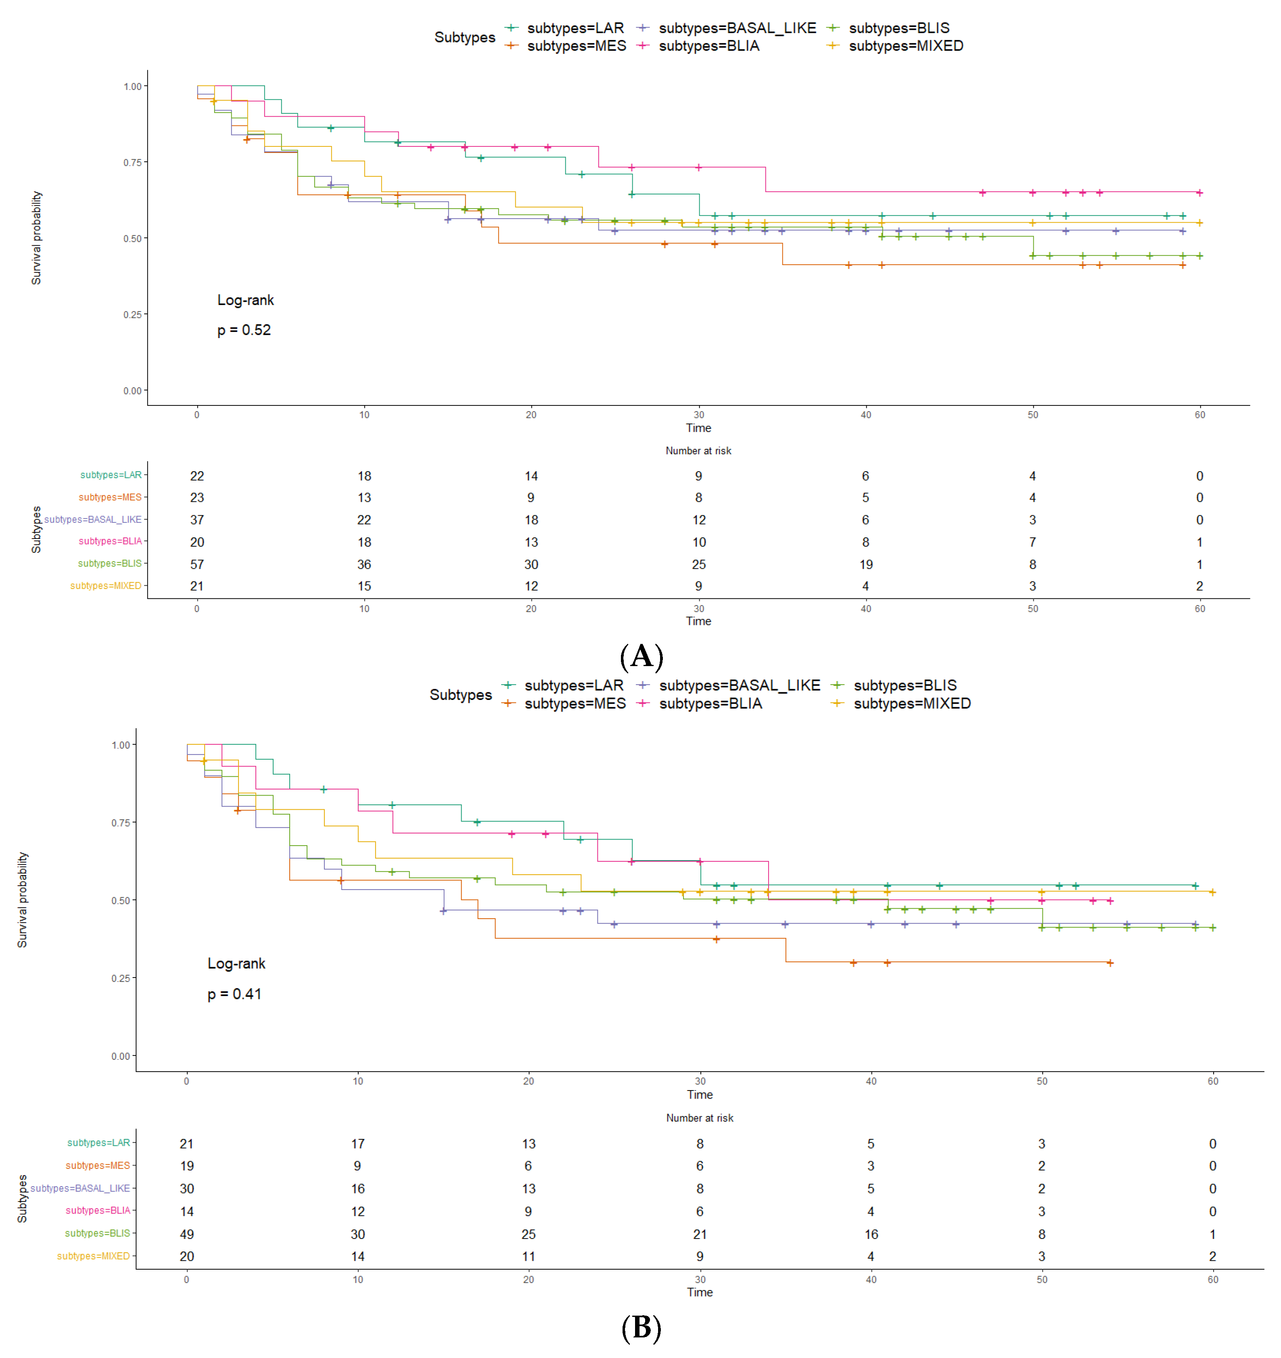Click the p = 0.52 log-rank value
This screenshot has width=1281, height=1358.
(244, 330)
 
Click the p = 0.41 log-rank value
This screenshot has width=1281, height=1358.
(234, 994)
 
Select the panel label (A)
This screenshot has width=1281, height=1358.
(641, 656)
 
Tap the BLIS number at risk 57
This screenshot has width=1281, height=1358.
(197, 564)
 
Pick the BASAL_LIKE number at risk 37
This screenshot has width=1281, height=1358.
(197, 520)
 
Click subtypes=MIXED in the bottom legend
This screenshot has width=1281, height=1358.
(911, 704)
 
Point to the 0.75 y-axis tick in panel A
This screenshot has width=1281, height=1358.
(133, 163)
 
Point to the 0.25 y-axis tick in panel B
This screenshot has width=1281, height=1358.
(121, 978)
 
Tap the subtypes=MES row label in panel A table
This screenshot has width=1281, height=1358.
(110, 497)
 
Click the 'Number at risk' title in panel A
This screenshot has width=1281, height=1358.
(698, 451)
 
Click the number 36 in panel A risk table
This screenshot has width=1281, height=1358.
(364, 564)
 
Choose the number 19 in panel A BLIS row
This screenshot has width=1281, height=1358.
(865, 564)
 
